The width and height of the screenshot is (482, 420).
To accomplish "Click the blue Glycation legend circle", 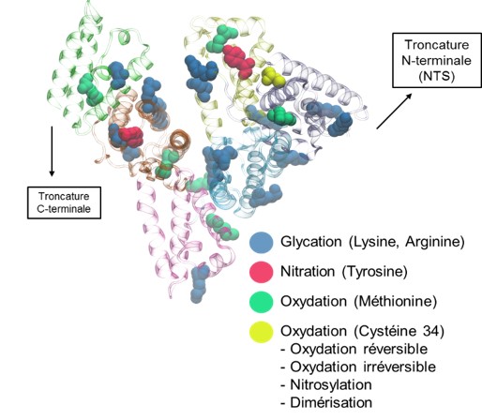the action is [x=262, y=242].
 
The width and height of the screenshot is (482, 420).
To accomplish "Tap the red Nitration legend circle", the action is [x=262, y=272].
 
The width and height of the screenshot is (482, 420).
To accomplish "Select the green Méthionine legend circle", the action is [x=262, y=302].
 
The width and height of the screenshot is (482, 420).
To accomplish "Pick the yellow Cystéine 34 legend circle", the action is [x=262, y=332].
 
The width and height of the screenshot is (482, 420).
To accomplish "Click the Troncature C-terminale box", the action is [x=64, y=202].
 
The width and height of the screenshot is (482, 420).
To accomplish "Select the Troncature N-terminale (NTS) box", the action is [x=437, y=60].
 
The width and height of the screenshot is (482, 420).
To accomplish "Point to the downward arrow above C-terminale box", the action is [x=52, y=151].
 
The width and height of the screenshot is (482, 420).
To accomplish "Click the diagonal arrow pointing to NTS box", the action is [x=394, y=111].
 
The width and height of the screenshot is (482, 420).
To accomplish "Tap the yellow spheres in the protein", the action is [x=273, y=77].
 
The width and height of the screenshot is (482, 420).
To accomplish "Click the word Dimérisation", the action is [x=331, y=402].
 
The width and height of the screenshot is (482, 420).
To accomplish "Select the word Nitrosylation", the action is [x=331, y=384].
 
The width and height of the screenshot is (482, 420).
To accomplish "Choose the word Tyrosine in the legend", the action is [x=375, y=272].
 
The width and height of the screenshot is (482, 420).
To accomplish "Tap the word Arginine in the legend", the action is [x=435, y=242].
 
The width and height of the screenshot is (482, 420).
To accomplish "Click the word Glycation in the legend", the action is [x=311, y=242].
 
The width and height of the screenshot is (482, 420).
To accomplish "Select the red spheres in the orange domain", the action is [x=131, y=137].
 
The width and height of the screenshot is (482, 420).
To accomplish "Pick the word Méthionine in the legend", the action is [x=395, y=302].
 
